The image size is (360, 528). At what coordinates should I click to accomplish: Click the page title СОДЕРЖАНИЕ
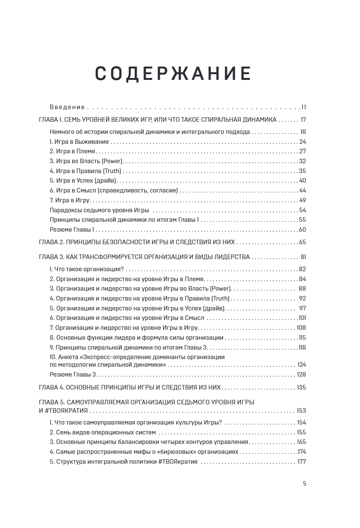pyautogui.click(x=173, y=73)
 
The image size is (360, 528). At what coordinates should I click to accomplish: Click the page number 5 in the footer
pyautogui.click(x=304, y=484)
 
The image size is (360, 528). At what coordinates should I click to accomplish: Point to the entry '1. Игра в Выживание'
pyautogui.click(x=79, y=142)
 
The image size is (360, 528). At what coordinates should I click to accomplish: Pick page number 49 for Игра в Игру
pyautogui.click(x=303, y=200)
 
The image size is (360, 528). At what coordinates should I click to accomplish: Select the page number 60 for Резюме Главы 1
pyautogui.click(x=303, y=230)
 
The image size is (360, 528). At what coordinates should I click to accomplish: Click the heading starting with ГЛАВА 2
pyautogui.click(x=137, y=242)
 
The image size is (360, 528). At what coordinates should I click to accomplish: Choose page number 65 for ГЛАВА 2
pyautogui.click(x=303, y=242)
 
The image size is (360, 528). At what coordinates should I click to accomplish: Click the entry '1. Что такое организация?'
pyautogui.click(x=87, y=269)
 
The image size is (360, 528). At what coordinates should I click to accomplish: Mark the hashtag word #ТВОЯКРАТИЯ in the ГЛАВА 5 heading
pyautogui.click(x=66, y=411)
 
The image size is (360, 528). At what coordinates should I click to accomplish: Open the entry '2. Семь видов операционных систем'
pyautogui.click(x=103, y=433)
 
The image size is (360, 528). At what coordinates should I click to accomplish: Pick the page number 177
pyautogui.click(x=301, y=462)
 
